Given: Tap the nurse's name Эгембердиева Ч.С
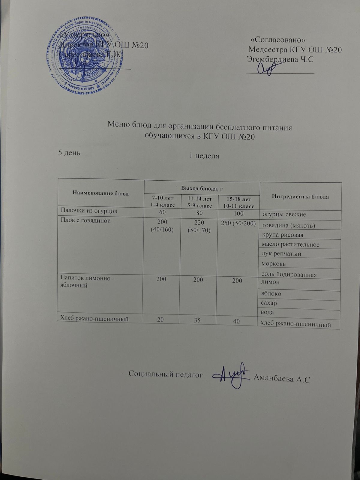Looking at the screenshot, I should pos(280,59).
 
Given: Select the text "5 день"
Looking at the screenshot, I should pos(69,153).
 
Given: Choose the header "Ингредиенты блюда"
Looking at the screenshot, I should pos(300,197).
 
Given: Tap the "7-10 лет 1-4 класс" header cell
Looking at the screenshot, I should pos(162,201).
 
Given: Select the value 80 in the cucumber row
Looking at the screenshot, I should pos(198,213).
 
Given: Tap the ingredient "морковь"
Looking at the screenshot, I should pos(274,264).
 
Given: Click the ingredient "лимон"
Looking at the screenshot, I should pos(270,282).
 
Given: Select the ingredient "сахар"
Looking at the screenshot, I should pos(269,303).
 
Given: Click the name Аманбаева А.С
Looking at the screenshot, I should pos(281,379).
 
